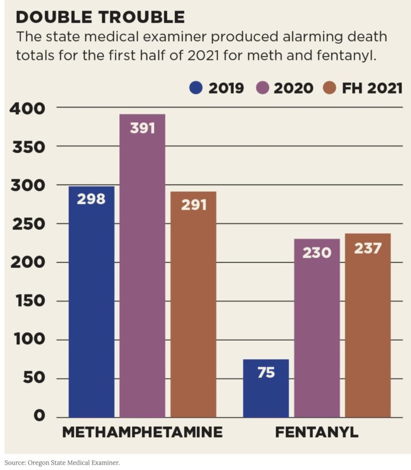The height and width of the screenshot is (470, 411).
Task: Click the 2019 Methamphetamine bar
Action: (x=92, y=302)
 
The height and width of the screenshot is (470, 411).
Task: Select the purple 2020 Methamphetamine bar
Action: (x=142, y=266)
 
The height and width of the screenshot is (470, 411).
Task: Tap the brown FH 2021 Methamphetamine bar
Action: (x=193, y=304)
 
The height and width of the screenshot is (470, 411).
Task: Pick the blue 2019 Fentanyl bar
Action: (x=266, y=388)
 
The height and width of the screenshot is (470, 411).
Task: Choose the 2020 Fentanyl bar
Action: (x=317, y=328)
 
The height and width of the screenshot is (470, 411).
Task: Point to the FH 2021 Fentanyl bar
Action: (x=368, y=325)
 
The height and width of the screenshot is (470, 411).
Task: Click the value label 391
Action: (x=142, y=128)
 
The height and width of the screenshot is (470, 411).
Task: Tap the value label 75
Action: (x=266, y=373)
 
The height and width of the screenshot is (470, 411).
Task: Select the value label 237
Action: (x=368, y=248)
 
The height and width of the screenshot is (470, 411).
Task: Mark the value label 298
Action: (x=91, y=199)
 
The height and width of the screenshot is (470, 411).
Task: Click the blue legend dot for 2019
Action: (x=196, y=88)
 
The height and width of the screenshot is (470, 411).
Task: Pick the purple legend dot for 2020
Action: (x=263, y=88)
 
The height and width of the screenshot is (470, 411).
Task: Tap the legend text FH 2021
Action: (x=372, y=88)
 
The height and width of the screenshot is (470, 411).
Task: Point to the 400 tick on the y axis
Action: (x=27, y=109)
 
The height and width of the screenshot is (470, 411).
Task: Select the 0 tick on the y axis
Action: (x=39, y=416)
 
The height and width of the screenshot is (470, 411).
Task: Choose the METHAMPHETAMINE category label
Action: (x=142, y=432)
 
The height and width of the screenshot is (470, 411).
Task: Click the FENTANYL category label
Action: (x=317, y=432)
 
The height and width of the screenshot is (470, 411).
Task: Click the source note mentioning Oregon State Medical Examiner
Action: (x=62, y=463)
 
